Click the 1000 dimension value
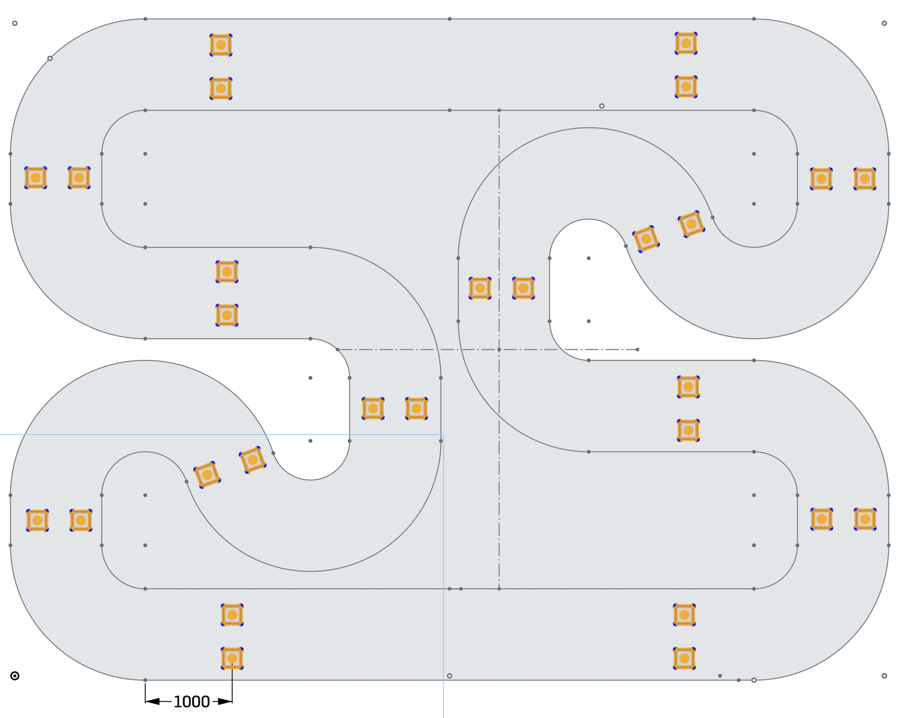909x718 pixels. [191, 702]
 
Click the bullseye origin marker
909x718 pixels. [15, 676]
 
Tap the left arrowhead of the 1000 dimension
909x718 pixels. [152, 702]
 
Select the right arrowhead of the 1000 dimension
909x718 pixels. [225, 702]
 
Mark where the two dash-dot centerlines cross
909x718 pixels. [499, 350]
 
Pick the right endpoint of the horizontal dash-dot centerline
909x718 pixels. [637, 350]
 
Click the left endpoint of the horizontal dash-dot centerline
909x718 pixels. [338, 350]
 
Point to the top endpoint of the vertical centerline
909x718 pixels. [499, 110]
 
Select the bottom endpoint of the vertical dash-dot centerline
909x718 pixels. [499, 589]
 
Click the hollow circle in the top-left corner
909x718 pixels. [15, 23]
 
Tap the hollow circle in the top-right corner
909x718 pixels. [884, 23]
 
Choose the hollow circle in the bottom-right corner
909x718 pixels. [884, 676]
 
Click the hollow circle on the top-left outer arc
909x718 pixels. [50, 59]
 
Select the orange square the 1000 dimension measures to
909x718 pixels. [232, 659]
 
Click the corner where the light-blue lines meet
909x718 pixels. [443, 435]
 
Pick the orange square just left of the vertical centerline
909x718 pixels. [480, 289]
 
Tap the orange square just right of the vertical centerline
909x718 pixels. [524, 289]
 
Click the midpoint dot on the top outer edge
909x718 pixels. [450, 19]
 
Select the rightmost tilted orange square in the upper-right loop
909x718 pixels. [691, 224]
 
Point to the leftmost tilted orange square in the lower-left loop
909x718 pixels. [207, 475]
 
